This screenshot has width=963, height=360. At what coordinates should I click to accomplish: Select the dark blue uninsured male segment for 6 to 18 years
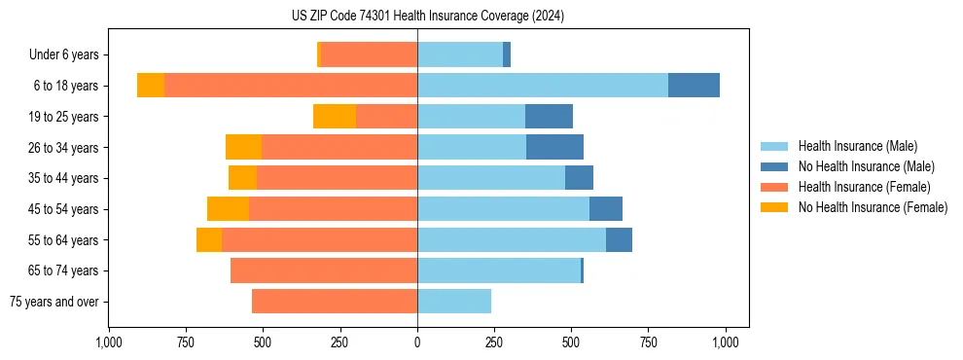click(694, 86)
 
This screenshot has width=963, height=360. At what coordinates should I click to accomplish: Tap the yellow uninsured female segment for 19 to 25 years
click(335, 117)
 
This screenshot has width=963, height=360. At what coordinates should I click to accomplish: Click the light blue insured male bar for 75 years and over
click(454, 302)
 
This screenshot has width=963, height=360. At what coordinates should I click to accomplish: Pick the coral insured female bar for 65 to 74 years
click(324, 270)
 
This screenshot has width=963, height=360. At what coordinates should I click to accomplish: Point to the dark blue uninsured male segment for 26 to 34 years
click(554, 147)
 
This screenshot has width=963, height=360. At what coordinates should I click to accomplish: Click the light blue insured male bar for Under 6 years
click(460, 54)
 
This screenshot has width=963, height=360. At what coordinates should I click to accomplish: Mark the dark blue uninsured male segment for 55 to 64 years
click(619, 239)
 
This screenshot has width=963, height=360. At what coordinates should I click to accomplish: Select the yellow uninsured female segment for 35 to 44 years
click(242, 178)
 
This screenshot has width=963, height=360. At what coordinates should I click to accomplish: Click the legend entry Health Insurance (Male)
click(857, 147)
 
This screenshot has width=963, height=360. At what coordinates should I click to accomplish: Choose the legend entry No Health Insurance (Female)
click(873, 207)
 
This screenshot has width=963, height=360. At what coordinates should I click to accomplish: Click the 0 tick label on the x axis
click(417, 342)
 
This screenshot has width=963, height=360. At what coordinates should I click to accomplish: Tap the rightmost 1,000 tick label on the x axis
click(726, 342)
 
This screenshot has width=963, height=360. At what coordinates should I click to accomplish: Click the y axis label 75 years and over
click(54, 302)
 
